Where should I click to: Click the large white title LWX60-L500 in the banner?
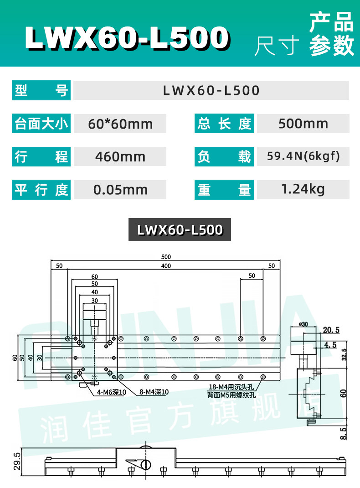127,38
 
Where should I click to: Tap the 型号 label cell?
41,90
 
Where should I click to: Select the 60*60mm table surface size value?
120,124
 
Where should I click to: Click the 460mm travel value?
120,156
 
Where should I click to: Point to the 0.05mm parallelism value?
120,190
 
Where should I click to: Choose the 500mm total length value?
303,124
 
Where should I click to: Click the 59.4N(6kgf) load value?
303,156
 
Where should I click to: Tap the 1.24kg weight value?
303,189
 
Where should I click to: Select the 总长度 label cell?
224,124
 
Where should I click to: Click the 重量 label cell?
224,190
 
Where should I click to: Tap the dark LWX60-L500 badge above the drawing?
180,230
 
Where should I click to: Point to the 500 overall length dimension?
166,257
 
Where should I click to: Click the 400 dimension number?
166,266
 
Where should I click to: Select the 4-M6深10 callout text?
111,392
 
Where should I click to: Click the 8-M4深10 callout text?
154,392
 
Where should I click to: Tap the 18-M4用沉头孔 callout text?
231,387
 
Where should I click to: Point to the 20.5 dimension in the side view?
331,330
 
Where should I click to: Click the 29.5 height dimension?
17,461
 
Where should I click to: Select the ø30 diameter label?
303,324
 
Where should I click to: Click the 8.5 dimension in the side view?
343,433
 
